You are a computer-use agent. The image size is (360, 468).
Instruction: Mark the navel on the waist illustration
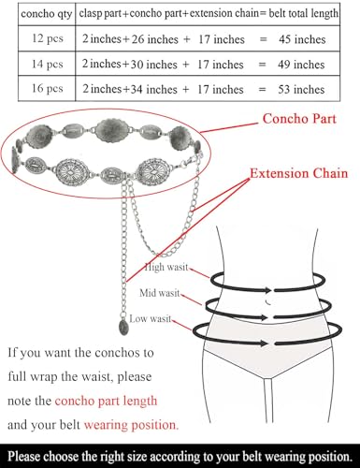(268, 300)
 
